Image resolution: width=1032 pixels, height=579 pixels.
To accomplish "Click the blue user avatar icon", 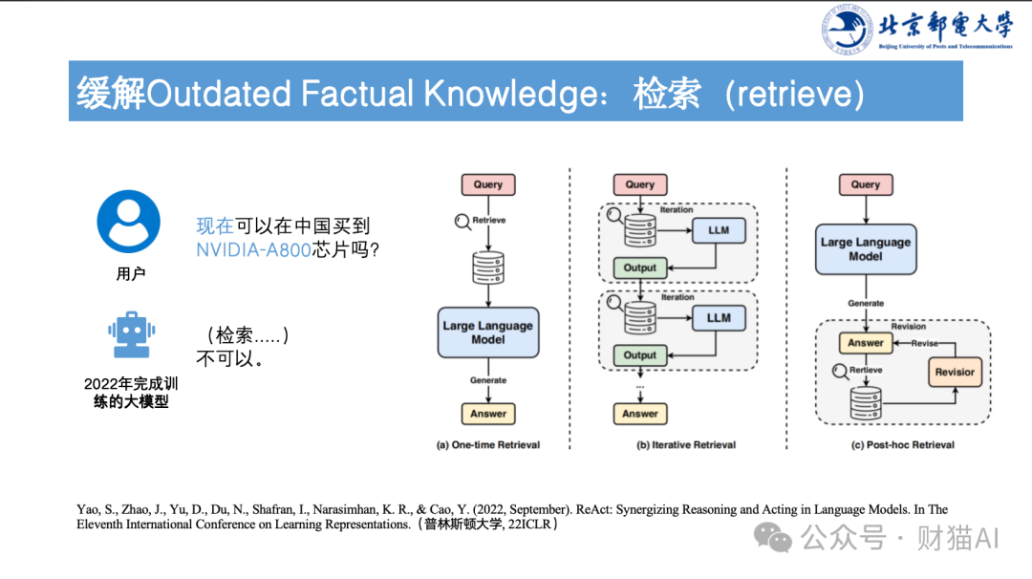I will [x=128, y=222].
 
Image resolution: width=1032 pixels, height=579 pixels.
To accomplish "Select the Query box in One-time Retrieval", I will [x=488, y=184].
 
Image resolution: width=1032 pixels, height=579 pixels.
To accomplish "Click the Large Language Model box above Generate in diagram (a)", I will [x=488, y=332].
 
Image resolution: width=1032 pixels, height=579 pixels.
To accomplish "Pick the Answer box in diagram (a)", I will [x=488, y=414].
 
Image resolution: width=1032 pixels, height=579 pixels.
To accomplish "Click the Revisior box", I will [x=955, y=372].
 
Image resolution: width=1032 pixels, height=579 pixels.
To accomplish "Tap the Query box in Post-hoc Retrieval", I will [x=866, y=184].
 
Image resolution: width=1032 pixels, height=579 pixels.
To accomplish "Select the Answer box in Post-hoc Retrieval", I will [x=866, y=343].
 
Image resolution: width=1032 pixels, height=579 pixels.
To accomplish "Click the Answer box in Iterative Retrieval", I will [x=640, y=414].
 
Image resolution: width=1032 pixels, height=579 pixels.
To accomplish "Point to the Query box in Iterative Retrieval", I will [x=640, y=184].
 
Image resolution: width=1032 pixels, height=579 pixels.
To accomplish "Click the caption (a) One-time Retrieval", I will [x=488, y=445].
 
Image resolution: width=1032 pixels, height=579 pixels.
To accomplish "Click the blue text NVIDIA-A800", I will [x=254, y=250].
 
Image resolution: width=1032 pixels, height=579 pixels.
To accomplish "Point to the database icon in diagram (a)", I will [x=488, y=268].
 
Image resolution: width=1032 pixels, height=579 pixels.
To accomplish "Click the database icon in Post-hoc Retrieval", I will [x=866, y=403].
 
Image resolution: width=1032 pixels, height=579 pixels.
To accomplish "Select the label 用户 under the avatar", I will [x=130, y=274].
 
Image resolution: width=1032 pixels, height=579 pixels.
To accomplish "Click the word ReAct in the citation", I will [x=594, y=510].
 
